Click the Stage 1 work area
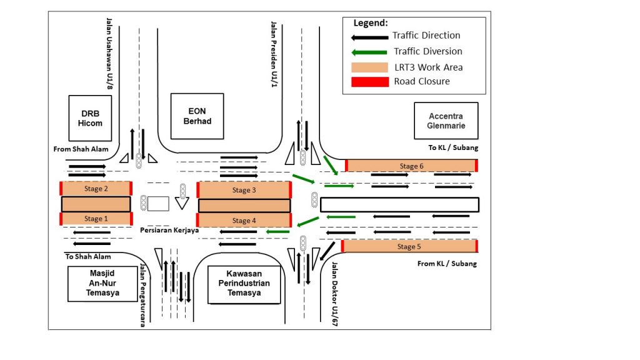(x=96, y=219)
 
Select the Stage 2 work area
(x=96, y=188)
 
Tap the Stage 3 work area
(x=244, y=189)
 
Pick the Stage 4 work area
(x=244, y=220)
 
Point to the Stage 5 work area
(x=409, y=246)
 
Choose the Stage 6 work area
(x=411, y=166)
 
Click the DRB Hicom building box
(x=89, y=118)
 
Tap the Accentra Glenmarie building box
(x=445, y=121)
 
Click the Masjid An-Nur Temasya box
(x=102, y=283)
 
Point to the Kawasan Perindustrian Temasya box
(x=244, y=283)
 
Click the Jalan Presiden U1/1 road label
(x=273, y=54)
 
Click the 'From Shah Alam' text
(x=81, y=149)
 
